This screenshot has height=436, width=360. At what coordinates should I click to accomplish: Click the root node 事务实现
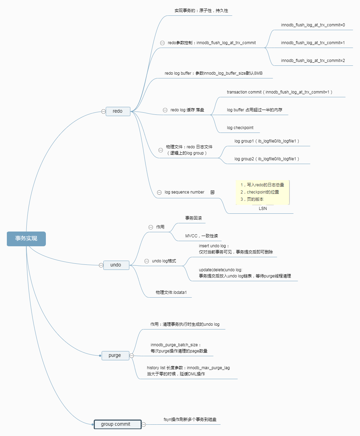[26, 239]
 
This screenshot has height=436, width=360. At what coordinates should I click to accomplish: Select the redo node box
[118, 111]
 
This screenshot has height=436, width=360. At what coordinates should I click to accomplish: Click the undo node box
[116, 265]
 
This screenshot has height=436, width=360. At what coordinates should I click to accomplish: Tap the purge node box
[115, 356]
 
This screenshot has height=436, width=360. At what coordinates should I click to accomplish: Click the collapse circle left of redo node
[103, 111]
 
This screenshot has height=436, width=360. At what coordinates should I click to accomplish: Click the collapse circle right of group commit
[144, 424]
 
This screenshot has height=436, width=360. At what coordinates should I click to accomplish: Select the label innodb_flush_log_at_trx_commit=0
[313, 25]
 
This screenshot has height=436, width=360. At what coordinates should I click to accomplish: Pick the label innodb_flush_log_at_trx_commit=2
[313, 61]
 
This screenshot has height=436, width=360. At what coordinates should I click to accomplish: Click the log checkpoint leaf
[240, 128]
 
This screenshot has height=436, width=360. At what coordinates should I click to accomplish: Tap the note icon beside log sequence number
[213, 192]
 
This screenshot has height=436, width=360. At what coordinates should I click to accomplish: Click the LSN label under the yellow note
[263, 209]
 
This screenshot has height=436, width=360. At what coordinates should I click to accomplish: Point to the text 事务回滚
[193, 218]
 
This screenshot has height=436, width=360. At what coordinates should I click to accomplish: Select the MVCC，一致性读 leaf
[201, 236]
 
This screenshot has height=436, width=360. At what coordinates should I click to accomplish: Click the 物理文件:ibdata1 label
[171, 292]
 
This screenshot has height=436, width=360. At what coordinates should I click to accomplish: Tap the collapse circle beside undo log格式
[146, 261]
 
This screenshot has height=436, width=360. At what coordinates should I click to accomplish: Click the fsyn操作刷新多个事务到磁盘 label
[190, 420]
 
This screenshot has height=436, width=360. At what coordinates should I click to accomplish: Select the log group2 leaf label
[267, 159]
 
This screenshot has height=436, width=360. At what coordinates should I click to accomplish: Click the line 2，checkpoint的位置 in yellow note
[259, 192]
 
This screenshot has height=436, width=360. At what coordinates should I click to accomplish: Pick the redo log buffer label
[214, 73]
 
